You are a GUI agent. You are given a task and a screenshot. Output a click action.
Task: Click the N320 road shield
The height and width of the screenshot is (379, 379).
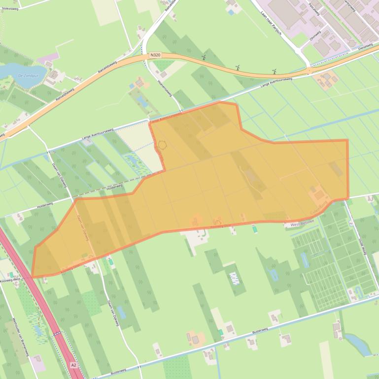coord(155,56)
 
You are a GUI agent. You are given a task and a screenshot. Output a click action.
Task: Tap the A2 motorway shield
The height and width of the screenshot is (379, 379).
coord(73,365)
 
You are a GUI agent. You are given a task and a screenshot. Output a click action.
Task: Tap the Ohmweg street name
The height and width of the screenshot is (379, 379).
coord(314,36)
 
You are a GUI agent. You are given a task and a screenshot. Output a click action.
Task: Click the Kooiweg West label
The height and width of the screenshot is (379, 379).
coord(10,280)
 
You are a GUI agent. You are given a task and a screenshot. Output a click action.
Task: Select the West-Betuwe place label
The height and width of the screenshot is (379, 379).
coord(302,224)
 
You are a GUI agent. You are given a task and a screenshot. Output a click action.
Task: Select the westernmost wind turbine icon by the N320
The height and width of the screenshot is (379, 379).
coord(203,57)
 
